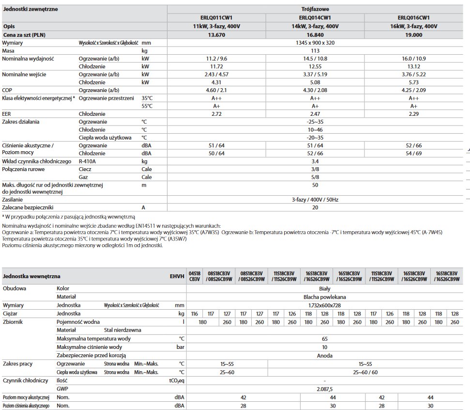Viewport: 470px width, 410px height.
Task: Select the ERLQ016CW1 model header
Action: click(x=413, y=18)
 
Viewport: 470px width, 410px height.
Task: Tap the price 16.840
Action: click(x=315, y=35)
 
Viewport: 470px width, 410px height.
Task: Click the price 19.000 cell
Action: click(x=414, y=35)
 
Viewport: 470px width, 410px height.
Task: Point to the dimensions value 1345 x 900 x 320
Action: click(x=315, y=43)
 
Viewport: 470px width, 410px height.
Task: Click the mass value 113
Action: click(x=315, y=50)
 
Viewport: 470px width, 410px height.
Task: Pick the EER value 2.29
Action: click(x=414, y=114)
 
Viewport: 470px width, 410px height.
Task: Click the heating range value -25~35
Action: click(x=315, y=122)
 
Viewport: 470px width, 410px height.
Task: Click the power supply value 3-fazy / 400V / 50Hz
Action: click(x=315, y=199)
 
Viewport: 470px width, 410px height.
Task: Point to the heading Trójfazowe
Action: click(x=315, y=9)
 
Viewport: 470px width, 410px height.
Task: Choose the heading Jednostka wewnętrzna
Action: click(x=32, y=276)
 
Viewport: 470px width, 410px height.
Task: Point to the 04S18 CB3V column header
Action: click(x=194, y=276)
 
